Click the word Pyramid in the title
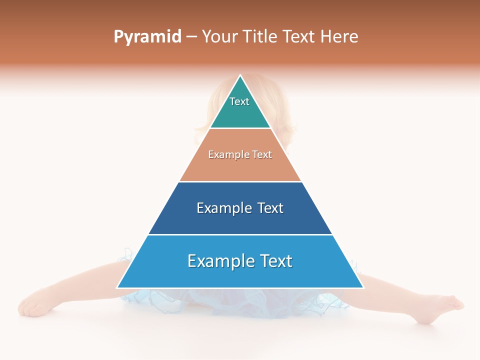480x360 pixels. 147,36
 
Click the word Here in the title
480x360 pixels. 339,36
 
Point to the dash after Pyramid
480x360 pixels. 191,37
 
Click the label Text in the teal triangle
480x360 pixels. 239,101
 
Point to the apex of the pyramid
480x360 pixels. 240,76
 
